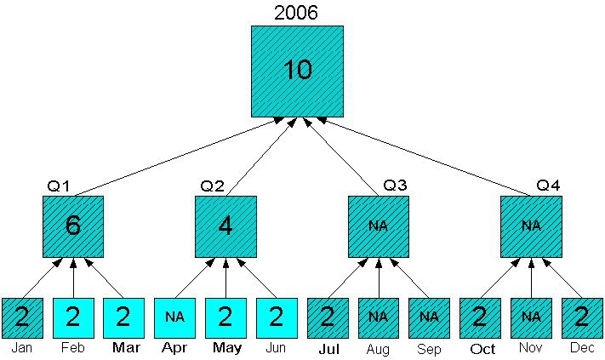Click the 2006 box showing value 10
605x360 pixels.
pyautogui.click(x=297, y=71)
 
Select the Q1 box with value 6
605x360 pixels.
pyautogui.click(x=73, y=226)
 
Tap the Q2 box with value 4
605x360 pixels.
pyautogui.click(x=225, y=226)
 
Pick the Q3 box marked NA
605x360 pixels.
pyautogui.click(x=379, y=226)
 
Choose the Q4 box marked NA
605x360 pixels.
pyautogui.click(x=531, y=226)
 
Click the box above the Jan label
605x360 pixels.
pyautogui.click(x=22, y=318)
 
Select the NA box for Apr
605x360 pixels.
pyautogui.click(x=174, y=318)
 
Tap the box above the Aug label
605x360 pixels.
pyautogui.click(x=379, y=318)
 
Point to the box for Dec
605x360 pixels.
pyautogui.click(x=582, y=318)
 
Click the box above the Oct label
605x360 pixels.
pyautogui.click(x=480, y=318)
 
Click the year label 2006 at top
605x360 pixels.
pyautogui.click(x=296, y=13)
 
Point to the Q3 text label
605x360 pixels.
pyautogui.click(x=395, y=186)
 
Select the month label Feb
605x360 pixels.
pyautogui.click(x=72, y=348)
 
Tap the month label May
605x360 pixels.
pyautogui.click(x=225, y=348)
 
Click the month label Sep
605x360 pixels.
pyautogui.click(x=429, y=349)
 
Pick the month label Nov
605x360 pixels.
pyautogui.click(x=531, y=348)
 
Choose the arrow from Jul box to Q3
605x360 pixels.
pyautogui.click(x=347, y=277)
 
